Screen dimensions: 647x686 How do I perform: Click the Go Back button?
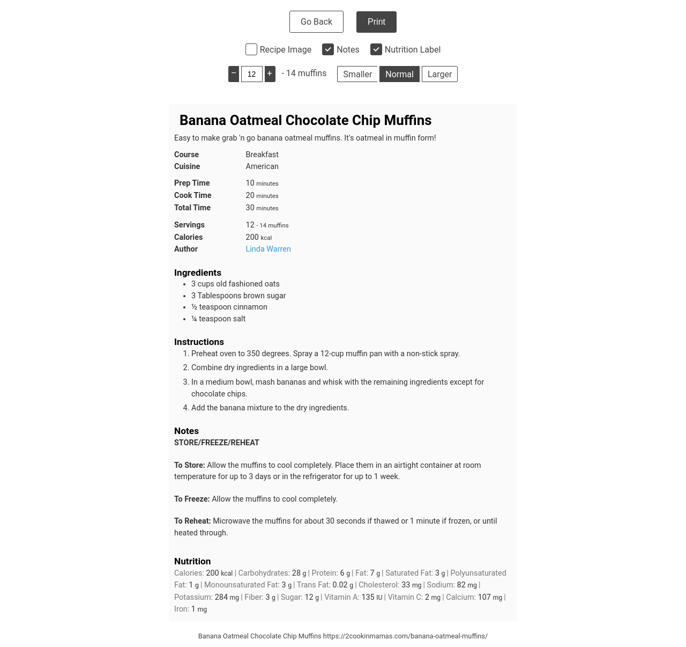pos(316,22)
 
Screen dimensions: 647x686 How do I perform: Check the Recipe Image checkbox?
pos(251,49)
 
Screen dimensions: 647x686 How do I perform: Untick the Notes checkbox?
pos(328,49)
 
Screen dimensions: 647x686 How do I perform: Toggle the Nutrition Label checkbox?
pos(376,49)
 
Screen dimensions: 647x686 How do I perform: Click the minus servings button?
pos(234,74)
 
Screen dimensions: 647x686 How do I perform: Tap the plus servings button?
pos(270,74)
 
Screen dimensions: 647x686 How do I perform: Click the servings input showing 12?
pos(252,74)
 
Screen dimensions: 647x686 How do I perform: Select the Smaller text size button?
pos(357,74)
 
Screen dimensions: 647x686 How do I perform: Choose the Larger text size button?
pos(439,74)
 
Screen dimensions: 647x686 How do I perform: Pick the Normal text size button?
pos(399,74)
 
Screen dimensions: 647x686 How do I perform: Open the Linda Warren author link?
pos(268,249)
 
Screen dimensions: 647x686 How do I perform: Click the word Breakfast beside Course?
pos(262,155)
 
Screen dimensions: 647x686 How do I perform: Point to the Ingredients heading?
pos(198,273)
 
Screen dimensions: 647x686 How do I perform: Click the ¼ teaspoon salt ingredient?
pos(218,319)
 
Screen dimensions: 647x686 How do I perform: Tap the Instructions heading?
pos(199,342)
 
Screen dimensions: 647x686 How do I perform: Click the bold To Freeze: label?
pos(192,499)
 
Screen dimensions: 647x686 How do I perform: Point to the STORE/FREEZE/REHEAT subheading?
pos(217,443)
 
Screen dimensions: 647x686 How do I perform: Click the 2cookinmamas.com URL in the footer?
pos(405,636)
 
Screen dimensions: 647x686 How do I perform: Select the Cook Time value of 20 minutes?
pos(262,195)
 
